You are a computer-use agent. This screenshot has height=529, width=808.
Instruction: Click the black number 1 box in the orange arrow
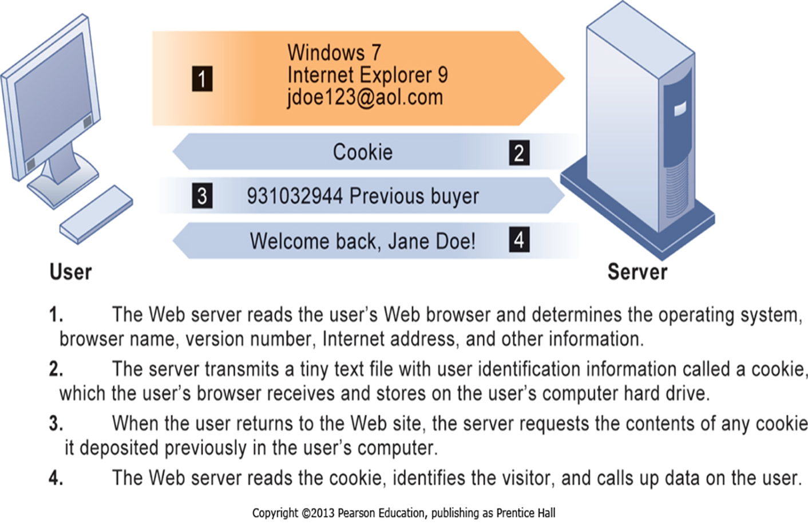(x=201, y=79)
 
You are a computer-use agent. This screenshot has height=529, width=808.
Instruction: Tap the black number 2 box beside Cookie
(x=519, y=153)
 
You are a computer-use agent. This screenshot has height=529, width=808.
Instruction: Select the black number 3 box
(x=201, y=196)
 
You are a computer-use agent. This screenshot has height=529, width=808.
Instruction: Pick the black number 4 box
(x=519, y=240)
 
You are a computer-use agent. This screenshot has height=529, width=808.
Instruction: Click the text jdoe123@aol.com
(x=365, y=97)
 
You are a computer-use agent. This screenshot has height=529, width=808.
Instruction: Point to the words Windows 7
(x=334, y=53)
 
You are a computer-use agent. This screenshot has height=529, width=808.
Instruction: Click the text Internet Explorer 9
(x=367, y=75)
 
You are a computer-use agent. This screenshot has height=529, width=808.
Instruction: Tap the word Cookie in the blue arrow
(x=363, y=152)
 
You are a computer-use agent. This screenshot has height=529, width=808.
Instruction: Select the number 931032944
(x=295, y=196)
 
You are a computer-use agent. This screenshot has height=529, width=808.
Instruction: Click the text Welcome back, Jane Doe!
(x=362, y=241)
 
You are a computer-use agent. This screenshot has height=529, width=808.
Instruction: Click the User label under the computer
(x=70, y=271)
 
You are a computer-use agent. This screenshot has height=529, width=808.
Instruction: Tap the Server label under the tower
(x=637, y=271)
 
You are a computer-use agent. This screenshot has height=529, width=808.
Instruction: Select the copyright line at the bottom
(x=403, y=513)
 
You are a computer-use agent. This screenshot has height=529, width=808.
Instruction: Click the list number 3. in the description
(x=56, y=424)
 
